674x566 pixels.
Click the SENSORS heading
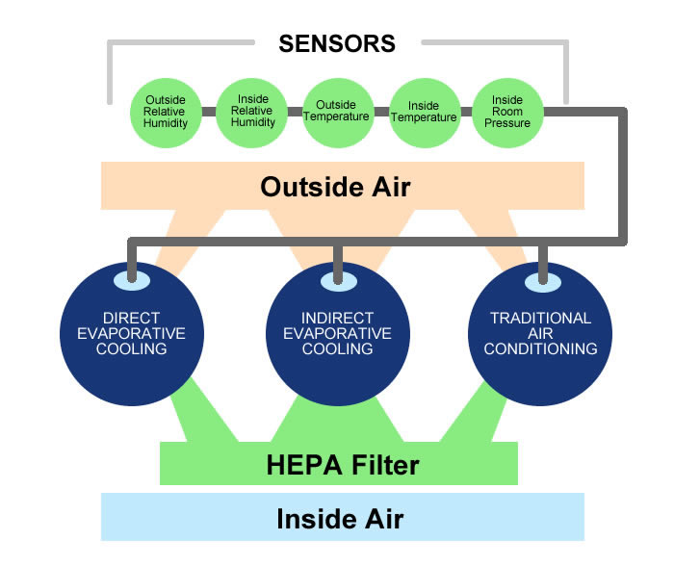[x=337, y=43]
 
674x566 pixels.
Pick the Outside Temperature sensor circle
[x=337, y=112]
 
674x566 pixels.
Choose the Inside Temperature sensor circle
[x=424, y=112]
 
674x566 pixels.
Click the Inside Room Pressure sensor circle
[x=506, y=113]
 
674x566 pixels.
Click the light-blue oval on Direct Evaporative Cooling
[x=131, y=279]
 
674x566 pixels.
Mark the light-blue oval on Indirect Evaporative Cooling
[x=337, y=279]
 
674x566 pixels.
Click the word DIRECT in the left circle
[x=131, y=319]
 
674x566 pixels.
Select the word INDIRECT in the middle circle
[x=338, y=319]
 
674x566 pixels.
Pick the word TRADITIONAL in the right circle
[x=540, y=318]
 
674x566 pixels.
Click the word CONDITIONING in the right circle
[x=540, y=348]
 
